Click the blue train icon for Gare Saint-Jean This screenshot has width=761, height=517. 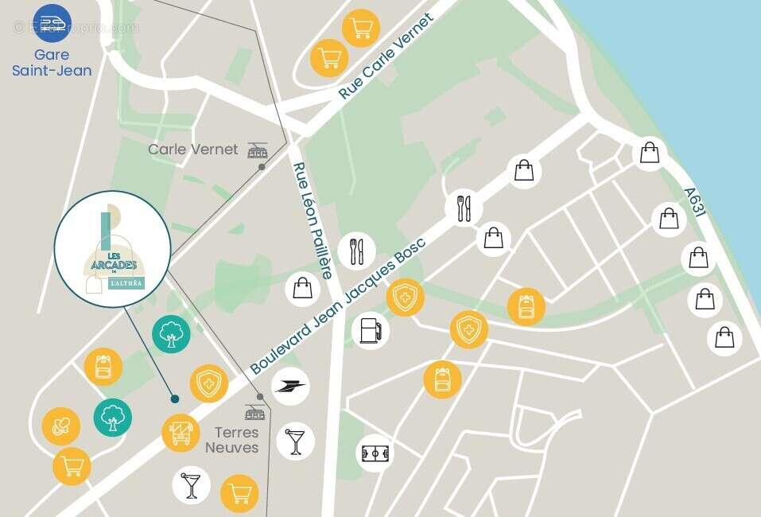pos(52,24)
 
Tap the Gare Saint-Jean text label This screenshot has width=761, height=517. pos(52,63)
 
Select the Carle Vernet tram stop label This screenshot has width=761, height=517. pos(193,149)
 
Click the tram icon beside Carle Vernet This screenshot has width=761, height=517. pos(258,150)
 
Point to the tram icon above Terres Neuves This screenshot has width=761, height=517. pos(255,413)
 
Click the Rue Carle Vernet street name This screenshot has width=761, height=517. pos(386,56)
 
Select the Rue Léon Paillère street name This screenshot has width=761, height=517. pos(313,220)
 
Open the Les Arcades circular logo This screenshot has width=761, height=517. pos(112,249)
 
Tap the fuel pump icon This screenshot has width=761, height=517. pos(371,330)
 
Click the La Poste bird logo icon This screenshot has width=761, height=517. pos(290,387)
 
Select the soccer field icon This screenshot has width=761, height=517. pos(375,453)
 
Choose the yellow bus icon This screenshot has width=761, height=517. pos(181,433)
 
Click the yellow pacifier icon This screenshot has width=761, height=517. pos(61,426)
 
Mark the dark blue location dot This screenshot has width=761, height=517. pos(174,398)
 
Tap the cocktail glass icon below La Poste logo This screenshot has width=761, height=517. pos(296,441)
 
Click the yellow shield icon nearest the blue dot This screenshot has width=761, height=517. pos(208,384)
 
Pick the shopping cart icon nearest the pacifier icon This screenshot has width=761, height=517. pos(72,466)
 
